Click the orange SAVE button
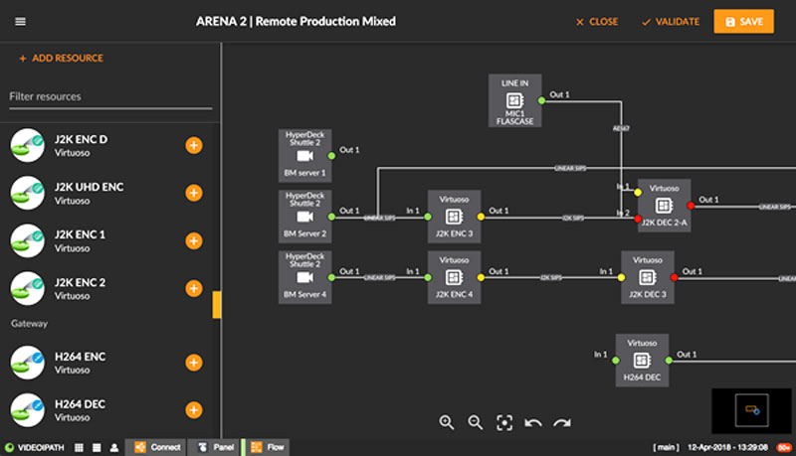click(743, 21)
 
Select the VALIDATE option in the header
click(671, 22)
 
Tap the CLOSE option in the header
click(596, 22)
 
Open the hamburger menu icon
click(21, 22)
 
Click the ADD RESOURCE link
click(61, 59)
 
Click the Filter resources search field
click(109, 96)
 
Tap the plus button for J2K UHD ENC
click(194, 193)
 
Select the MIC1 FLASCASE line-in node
click(514, 101)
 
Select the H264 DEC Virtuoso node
click(642, 360)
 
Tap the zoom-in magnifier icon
click(447, 422)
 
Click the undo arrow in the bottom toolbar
click(533, 422)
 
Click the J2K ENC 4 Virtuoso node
click(454, 277)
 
